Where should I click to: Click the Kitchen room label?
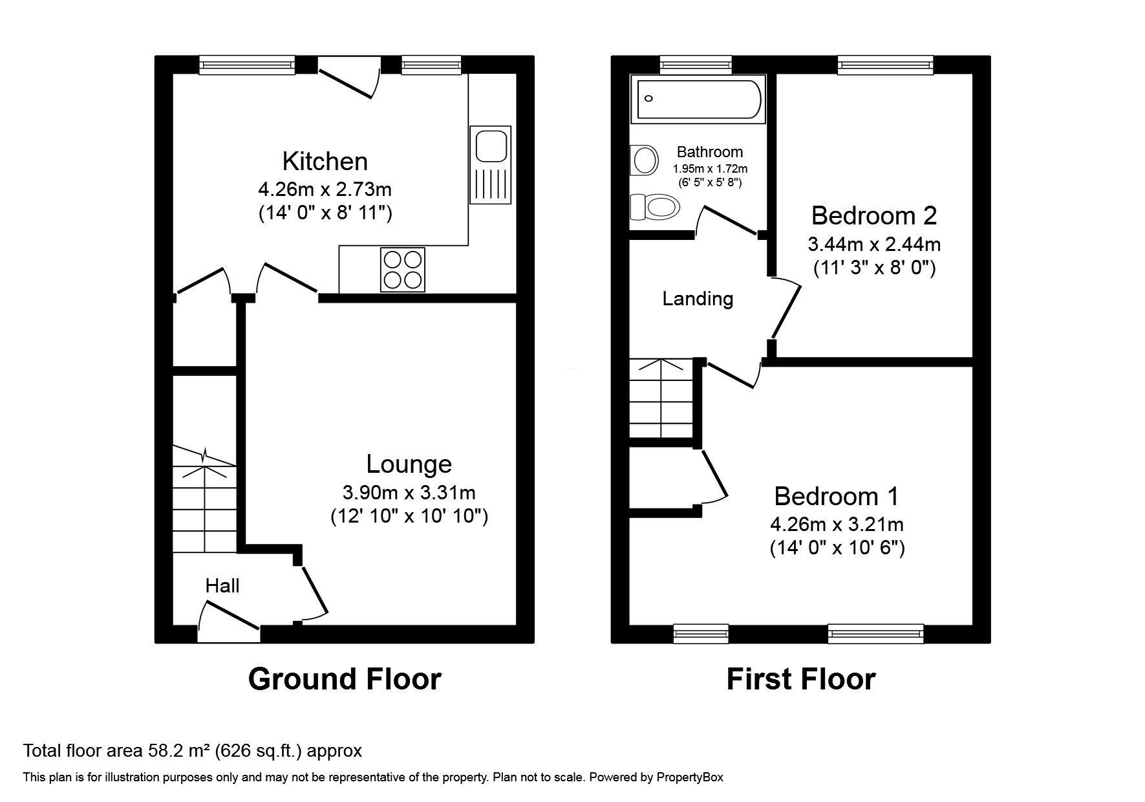pyautogui.click(x=325, y=161)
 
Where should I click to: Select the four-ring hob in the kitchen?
pyautogui.click(x=404, y=269)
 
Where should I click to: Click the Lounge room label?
pyautogui.click(x=409, y=464)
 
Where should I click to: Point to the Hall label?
pyautogui.click(x=222, y=586)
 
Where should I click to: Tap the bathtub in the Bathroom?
pyautogui.click(x=698, y=99)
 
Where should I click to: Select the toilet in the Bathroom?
pyautogui.click(x=656, y=207)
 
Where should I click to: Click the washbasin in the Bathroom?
pyautogui.click(x=644, y=159)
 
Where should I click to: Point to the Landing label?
pyautogui.click(x=698, y=299)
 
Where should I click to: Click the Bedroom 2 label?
pyautogui.click(x=873, y=215)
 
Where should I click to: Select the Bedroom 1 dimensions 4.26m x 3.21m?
pyautogui.click(x=837, y=524)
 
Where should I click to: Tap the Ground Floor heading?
pyautogui.click(x=345, y=679)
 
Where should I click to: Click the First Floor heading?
pyautogui.click(x=800, y=679)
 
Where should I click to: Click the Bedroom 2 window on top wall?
pyautogui.click(x=886, y=65)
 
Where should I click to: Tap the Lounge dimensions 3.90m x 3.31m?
pyautogui.click(x=409, y=493)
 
